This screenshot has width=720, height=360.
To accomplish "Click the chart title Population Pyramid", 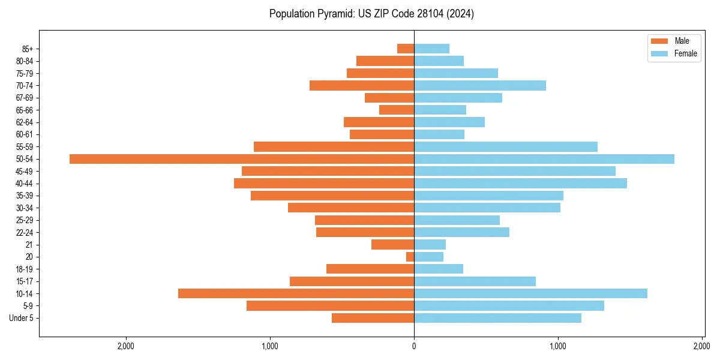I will coord(371,14).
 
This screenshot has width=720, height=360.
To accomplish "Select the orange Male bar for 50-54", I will coord(242,159).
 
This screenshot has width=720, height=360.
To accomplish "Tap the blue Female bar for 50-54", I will coord(544,159).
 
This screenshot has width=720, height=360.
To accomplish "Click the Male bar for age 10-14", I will coord(296,293).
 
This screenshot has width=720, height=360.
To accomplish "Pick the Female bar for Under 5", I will coord(497,318).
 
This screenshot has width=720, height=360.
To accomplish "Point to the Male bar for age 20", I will coord(410,257).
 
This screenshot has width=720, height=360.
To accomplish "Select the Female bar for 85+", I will coord(431,49).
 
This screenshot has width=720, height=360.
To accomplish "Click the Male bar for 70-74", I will coord(362,85).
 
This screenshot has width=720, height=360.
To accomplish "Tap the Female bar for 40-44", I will coord(520,184).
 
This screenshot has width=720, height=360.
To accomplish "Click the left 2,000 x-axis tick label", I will coord(125,346).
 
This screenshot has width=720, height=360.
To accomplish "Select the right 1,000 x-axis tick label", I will coord(558,346).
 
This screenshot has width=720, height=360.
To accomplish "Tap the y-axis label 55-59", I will coord(24,147).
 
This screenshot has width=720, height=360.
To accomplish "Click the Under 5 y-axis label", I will coord(21,318).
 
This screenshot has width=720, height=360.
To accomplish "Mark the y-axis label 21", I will coord(29,245).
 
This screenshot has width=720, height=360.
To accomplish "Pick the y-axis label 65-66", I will coord(24,110).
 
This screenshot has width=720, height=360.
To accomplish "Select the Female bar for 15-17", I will coord(475,281).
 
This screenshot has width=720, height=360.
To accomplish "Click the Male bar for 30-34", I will coord(351,208).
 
